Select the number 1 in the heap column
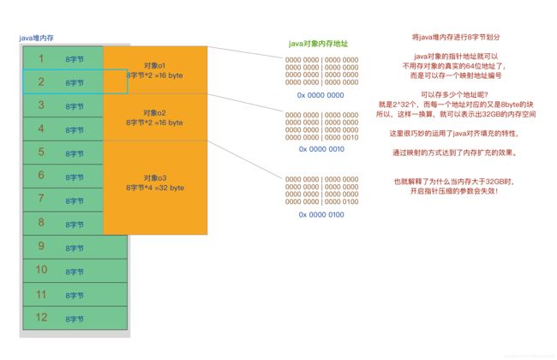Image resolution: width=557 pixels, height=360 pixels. [x=40, y=58]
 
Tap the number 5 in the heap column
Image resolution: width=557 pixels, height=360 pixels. [x=40, y=153]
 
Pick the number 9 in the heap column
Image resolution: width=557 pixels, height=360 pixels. [x=40, y=247]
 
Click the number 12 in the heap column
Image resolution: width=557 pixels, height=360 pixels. [x=40, y=317]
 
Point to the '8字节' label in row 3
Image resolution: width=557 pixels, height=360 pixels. [x=75, y=107]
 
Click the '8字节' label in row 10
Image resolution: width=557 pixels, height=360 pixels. [x=75, y=272]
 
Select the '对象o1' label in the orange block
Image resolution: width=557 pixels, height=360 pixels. [x=155, y=65]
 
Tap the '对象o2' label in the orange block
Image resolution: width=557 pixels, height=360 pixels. [x=155, y=112]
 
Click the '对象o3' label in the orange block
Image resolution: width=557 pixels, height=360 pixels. [x=155, y=177]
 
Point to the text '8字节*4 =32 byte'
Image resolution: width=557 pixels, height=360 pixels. [x=155, y=187]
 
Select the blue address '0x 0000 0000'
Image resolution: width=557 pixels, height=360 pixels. [x=320, y=95]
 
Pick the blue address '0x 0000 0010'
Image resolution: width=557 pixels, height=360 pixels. [x=321, y=148]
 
